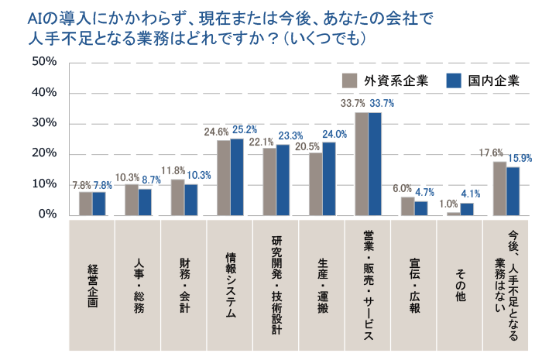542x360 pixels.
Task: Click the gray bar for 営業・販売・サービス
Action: tap(362, 163)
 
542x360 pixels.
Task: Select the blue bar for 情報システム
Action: tap(237, 177)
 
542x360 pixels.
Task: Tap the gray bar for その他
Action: tap(453, 213)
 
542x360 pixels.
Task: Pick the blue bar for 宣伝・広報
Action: tap(420, 207)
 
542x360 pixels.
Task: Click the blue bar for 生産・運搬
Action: tap(329, 178)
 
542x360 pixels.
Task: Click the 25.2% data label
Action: tap(245, 130)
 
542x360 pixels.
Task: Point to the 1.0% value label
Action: tap(448, 204)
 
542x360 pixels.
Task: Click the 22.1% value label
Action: tap(262, 142)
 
